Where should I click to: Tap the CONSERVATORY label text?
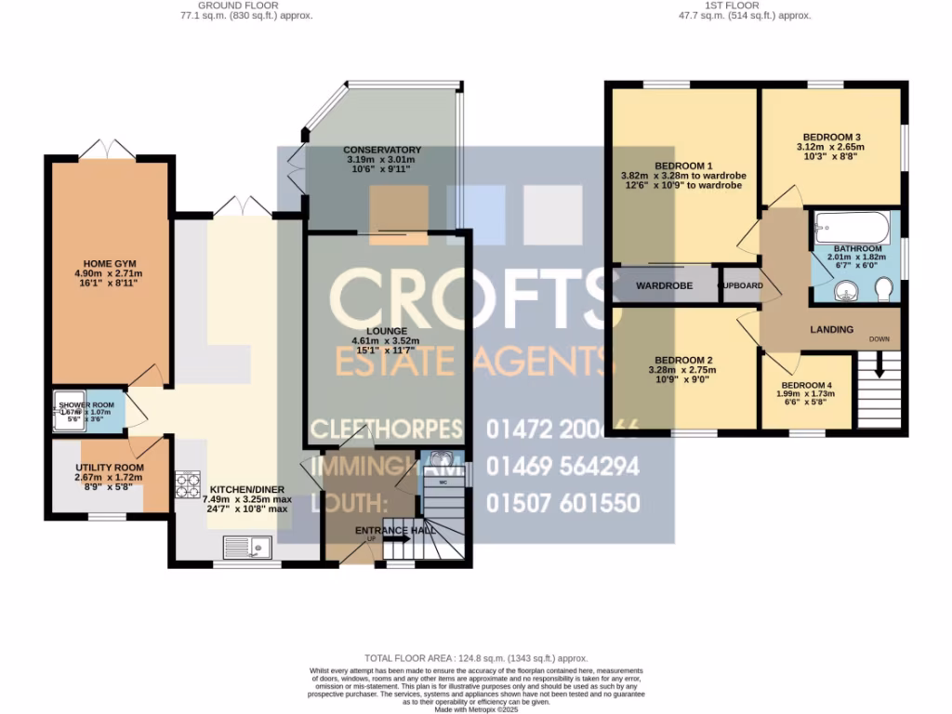[x=382, y=150]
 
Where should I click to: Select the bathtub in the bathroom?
[x=852, y=227]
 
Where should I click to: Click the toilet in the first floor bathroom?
[x=883, y=293]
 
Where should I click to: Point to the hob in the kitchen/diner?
[x=188, y=484]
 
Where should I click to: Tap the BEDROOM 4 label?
[x=806, y=385]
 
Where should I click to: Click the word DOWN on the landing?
[x=879, y=338]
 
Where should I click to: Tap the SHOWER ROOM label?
[x=86, y=405]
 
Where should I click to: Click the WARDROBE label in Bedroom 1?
[x=664, y=285]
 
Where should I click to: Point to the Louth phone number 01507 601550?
[x=562, y=503]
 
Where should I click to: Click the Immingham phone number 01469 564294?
[x=562, y=466]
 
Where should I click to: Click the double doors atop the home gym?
[x=107, y=149]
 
